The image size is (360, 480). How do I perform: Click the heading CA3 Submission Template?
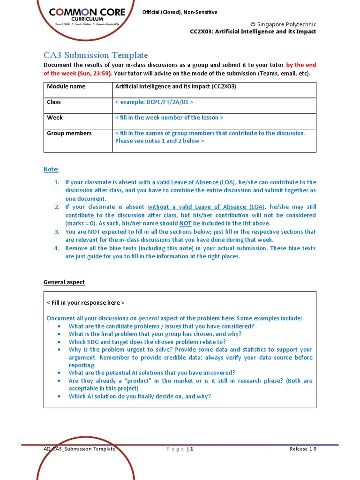pyautogui.click(x=96, y=55)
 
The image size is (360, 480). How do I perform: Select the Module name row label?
pyautogui.click(x=66, y=87)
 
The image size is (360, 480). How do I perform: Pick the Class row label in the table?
pyautogui.click(x=54, y=102)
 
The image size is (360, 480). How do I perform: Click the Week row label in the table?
pyautogui.click(x=55, y=118)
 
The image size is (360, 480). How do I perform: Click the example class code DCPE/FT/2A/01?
pyautogui.click(x=154, y=102)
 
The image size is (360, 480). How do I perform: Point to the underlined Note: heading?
pyautogui.click(x=51, y=169)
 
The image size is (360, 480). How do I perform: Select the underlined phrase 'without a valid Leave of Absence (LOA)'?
pyautogui.click(x=206, y=207)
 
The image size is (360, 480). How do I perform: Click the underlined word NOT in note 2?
pyautogui.click(x=186, y=224)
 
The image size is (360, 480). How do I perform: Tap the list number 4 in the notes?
pyautogui.click(x=57, y=248)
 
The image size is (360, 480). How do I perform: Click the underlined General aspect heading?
pyautogui.click(x=64, y=282)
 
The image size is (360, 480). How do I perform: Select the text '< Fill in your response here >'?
pyautogui.click(x=86, y=303)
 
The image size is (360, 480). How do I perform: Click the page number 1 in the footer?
pyautogui.click(x=192, y=449)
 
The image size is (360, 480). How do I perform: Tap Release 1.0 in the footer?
pyautogui.click(x=303, y=449)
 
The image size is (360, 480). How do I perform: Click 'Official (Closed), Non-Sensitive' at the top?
pyautogui.click(x=180, y=12)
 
